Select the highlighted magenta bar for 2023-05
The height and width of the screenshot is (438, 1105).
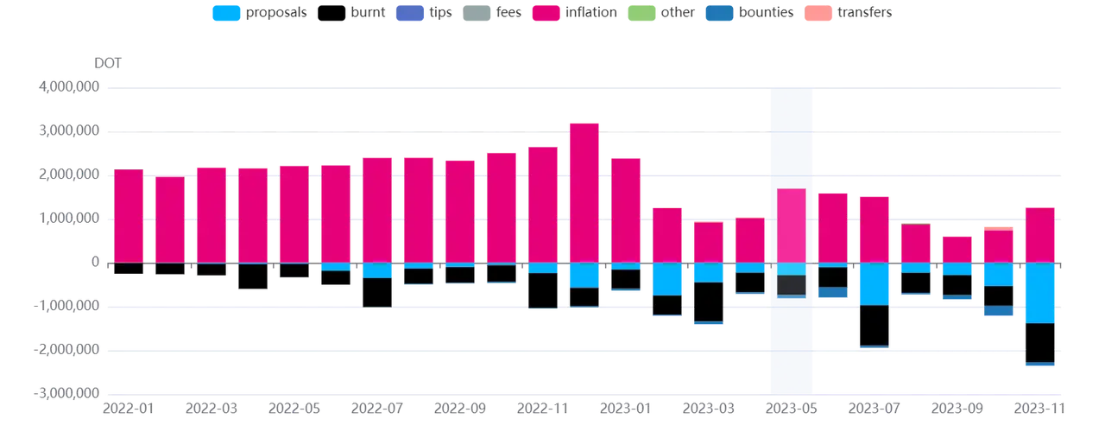792,225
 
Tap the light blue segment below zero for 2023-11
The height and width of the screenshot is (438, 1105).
1039,293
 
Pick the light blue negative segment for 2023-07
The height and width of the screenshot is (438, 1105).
874,283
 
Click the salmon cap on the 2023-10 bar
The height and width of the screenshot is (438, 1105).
998,227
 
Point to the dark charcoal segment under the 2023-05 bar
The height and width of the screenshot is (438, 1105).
792,285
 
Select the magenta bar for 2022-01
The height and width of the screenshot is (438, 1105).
129,216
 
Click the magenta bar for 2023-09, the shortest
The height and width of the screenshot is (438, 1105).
957,248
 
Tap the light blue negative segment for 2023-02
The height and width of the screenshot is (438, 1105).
667,279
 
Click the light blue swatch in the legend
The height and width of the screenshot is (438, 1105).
226,14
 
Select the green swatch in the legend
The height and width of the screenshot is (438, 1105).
647,14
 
